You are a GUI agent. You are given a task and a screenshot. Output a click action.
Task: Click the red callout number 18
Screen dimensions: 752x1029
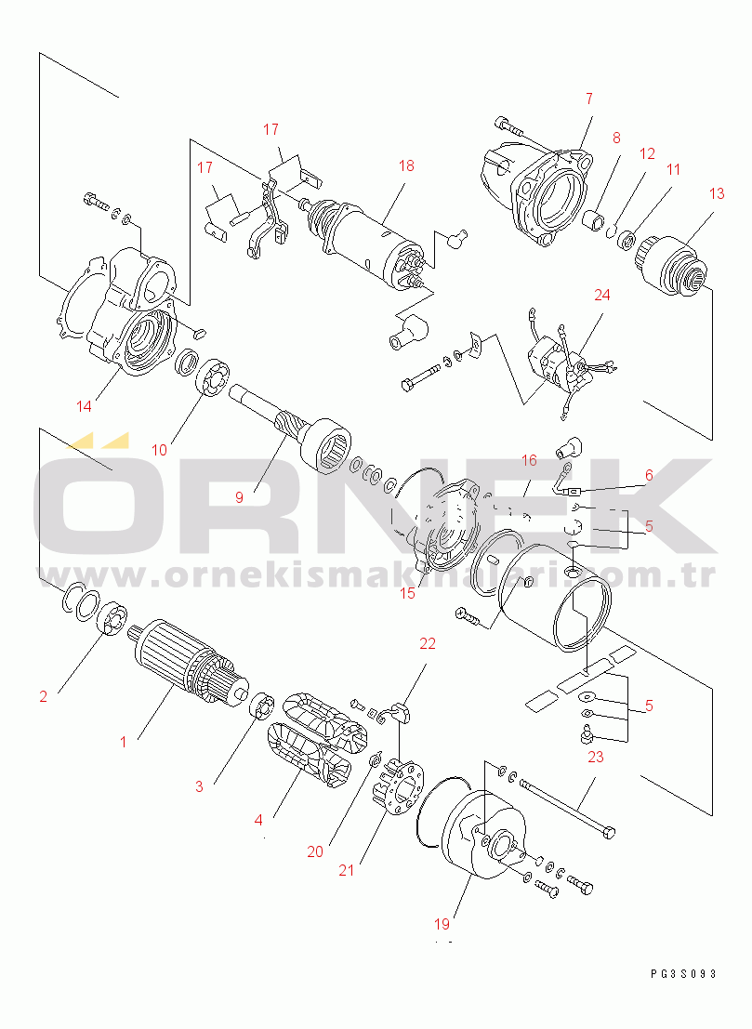coord(406,165)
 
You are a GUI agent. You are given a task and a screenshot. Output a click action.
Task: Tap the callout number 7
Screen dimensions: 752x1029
coord(589,99)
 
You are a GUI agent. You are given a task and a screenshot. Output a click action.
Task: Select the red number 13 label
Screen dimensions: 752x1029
coord(717,193)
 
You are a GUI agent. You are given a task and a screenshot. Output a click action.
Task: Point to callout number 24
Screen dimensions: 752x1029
coord(601,296)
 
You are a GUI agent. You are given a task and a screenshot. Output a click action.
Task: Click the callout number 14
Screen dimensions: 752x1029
coord(84,406)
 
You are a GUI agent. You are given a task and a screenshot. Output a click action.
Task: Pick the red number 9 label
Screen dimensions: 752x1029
coord(239,497)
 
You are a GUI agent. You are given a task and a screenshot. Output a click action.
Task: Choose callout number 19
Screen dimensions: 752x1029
coord(442,924)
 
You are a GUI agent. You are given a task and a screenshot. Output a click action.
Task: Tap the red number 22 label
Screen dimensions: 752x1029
coord(428,644)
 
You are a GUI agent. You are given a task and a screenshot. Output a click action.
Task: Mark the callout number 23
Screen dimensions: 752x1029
coord(595,757)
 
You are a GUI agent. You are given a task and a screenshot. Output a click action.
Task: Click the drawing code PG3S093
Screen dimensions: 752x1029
coord(684,974)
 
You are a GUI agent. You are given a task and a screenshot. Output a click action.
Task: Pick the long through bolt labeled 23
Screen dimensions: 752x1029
coord(568,806)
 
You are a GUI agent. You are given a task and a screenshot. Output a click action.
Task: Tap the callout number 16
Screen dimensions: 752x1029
coord(529,460)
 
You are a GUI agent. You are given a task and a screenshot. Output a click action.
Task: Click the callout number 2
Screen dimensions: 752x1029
coord(44,696)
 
